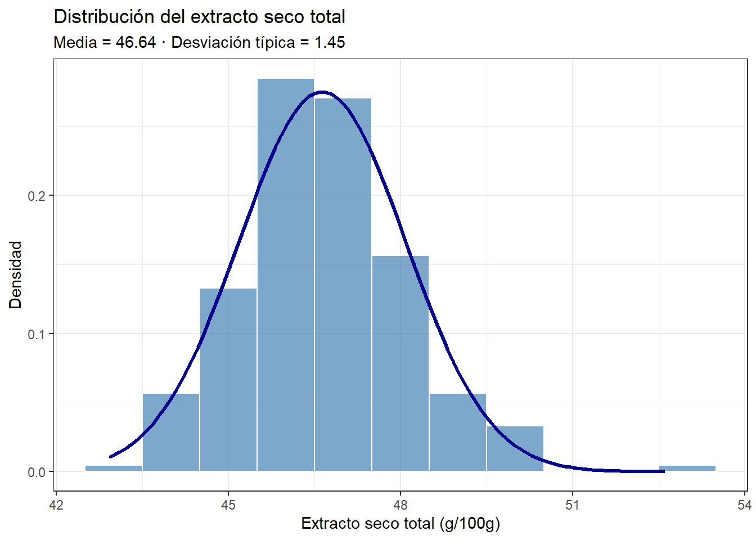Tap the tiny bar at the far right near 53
[687, 468]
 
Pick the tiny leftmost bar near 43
[114, 468]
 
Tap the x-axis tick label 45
[228, 505]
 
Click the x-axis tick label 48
[400, 505]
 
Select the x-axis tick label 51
[572, 505]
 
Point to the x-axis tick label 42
[56, 505]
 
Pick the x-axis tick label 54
[744, 505]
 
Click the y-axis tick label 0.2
[37, 196]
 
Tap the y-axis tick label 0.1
[37, 334]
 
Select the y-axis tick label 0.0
[37, 472]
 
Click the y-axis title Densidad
[16, 274]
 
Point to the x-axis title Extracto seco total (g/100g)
[400, 524]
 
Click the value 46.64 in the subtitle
[136, 42]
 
